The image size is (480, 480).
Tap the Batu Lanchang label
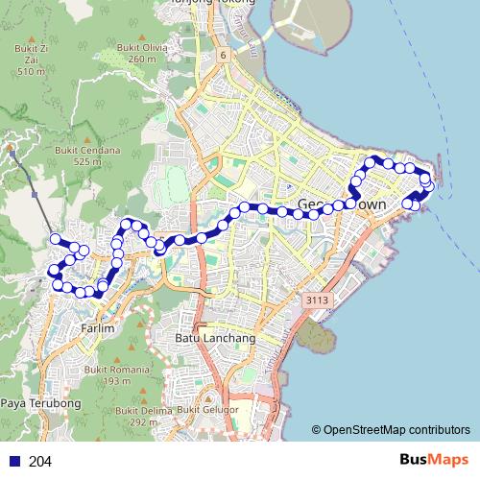pyautogui.click(x=215, y=339)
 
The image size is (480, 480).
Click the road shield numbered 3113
pyautogui.click(x=318, y=301)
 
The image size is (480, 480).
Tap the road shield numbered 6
pyautogui.click(x=223, y=56)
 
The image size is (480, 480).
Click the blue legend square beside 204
pyautogui.click(x=12, y=461)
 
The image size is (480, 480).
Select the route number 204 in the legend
pyautogui.click(x=40, y=461)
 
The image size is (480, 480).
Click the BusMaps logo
pyautogui.click(x=433, y=460)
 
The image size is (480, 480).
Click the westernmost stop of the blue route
pyautogui.click(x=56, y=239)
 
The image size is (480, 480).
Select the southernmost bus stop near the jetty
pyautogui.click(x=416, y=204)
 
